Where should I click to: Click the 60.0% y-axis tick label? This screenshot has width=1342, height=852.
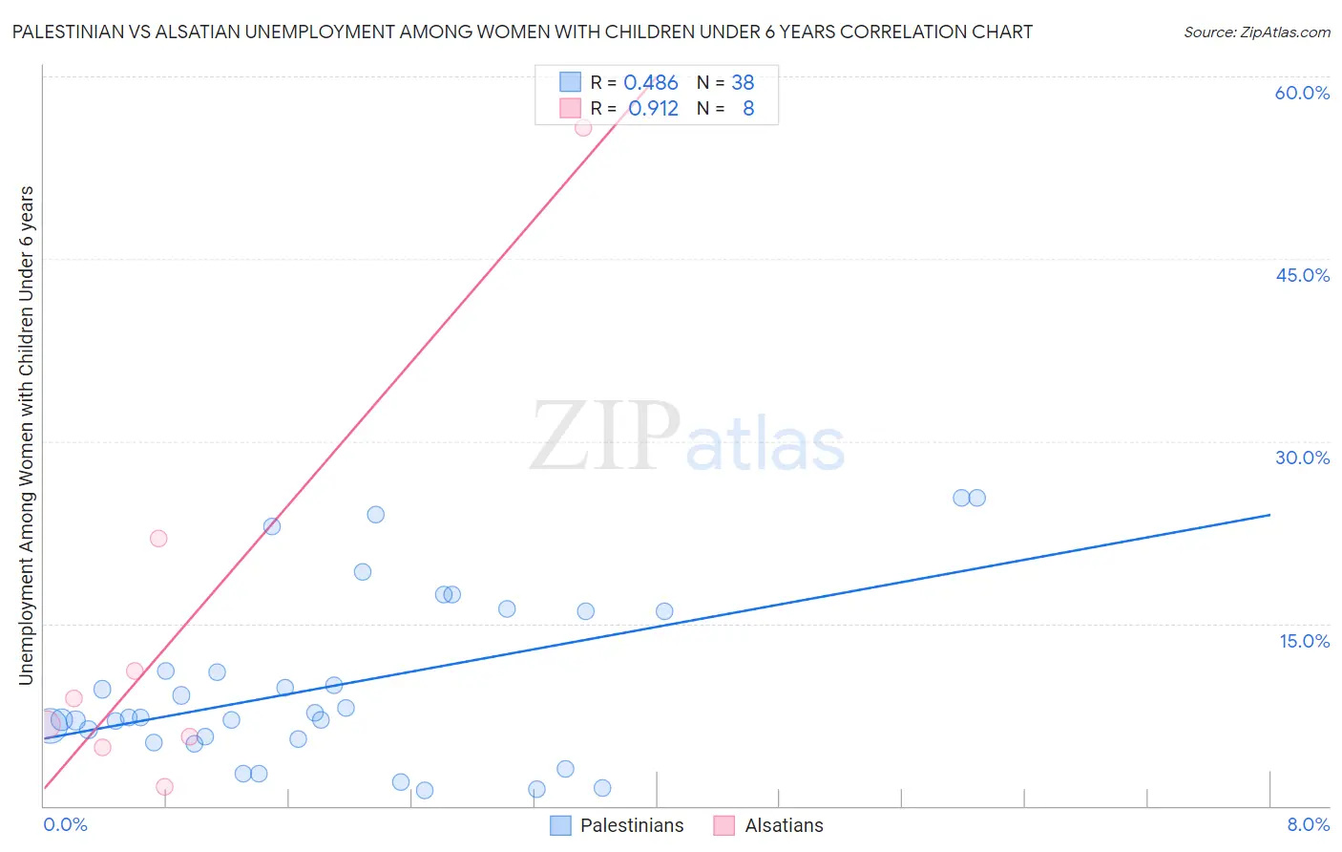(x=1302, y=93)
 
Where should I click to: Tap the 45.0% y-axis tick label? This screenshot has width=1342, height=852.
(x=1302, y=275)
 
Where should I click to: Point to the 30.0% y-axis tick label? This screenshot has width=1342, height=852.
(x=1302, y=458)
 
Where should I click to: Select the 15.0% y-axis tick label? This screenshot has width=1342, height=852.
(x=1304, y=641)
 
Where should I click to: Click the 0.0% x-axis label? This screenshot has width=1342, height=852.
(x=65, y=824)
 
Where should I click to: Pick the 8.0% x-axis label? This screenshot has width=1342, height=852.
(x=1308, y=824)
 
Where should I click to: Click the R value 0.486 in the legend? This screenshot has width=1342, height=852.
(x=651, y=83)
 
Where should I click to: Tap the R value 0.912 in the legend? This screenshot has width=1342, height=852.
(x=653, y=109)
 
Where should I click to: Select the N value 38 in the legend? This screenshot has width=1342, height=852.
(x=743, y=83)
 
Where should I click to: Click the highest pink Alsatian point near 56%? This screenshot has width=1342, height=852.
(x=583, y=127)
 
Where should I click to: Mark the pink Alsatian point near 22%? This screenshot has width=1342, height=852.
(x=158, y=539)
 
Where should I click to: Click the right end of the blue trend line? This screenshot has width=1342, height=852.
(x=1269, y=515)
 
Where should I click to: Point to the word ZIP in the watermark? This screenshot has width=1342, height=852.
(x=604, y=437)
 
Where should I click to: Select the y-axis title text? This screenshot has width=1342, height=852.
(x=26, y=435)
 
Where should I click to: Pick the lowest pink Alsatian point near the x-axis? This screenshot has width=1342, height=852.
(x=164, y=787)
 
